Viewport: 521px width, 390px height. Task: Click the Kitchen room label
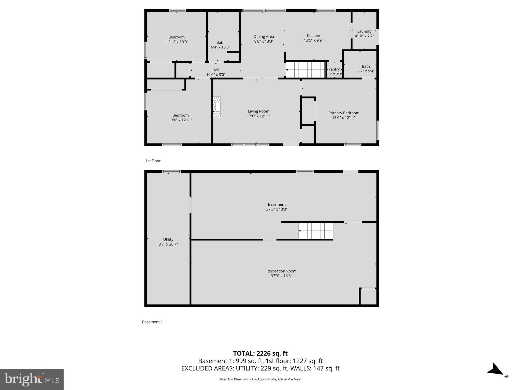[x=313, y=36]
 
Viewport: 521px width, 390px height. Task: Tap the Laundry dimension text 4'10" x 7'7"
[x=364, y=36]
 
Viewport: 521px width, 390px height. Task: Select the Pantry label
[x=334, y=69]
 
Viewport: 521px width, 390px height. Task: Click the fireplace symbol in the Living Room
[x=216, y=107]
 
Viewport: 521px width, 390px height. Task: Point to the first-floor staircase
[x=306, y=70]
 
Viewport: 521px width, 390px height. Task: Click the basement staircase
[x=316, y=231]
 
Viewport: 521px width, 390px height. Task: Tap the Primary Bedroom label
[x=344, y=113]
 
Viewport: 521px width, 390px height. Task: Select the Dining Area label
[x=264, y=37]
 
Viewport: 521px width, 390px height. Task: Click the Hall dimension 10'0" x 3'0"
[x=215, y=75]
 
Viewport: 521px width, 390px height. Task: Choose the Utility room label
[x=168, y=239]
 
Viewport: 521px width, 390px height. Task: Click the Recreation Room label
[x=281, y=271]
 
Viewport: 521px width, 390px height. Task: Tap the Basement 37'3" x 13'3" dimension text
[x=277, y=209]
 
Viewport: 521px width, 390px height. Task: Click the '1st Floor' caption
[x=153, y=161]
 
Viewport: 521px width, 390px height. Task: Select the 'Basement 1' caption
[x=152, y=322]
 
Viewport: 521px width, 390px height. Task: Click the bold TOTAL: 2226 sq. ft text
[x=260, y=353]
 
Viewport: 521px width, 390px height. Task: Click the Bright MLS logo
[x=32, y=379]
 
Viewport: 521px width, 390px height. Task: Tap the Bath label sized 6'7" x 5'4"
[x=366, y=67]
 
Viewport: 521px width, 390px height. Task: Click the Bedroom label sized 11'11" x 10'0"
[x=176, y=37]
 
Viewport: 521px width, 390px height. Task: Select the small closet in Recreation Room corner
[x=368, y=297]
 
